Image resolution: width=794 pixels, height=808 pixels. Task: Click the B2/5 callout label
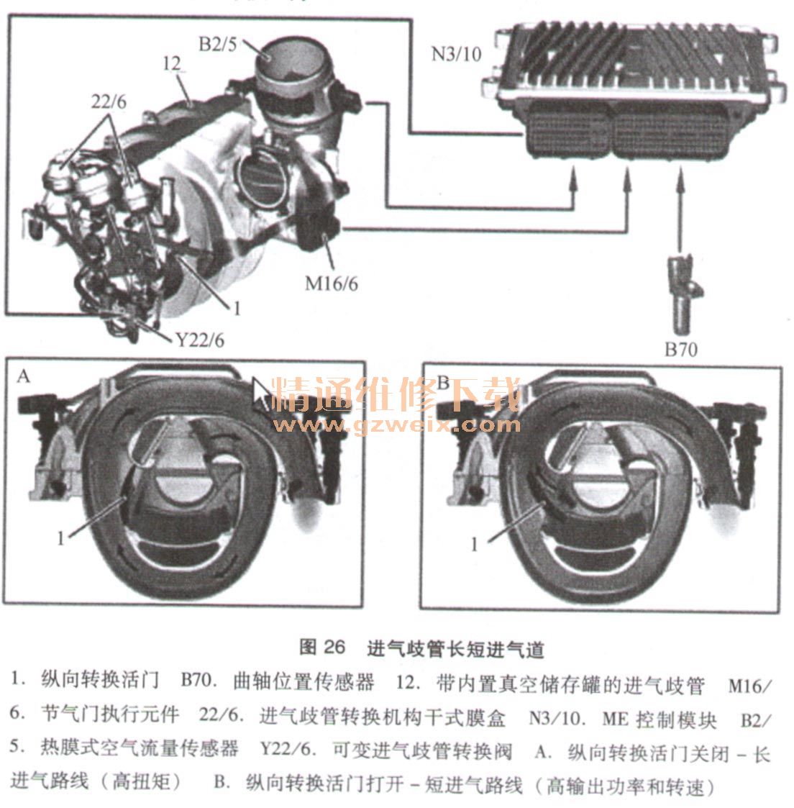[217, 45]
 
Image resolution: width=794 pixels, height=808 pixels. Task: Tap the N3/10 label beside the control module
[456, 53]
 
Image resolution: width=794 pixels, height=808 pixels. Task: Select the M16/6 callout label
[332, 283]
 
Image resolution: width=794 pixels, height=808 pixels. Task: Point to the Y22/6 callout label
[200, 340]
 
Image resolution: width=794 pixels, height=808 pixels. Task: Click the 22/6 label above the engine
[109, 101]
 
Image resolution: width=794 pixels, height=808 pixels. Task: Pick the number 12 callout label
[172, 63]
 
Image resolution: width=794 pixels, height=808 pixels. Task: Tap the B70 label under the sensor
[680, 350]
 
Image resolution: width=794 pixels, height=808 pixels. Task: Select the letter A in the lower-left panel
[23, 376]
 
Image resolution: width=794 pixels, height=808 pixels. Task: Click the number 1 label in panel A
[61, 538]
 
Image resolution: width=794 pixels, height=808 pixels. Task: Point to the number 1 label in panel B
[474, 544]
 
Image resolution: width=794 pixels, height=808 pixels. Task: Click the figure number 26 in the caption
[334, 648]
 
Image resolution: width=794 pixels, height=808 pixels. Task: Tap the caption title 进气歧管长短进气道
[455, 649]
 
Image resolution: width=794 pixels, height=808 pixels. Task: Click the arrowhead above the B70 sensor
[680, 178]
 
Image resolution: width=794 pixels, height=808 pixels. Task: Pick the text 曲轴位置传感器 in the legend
[304, 681]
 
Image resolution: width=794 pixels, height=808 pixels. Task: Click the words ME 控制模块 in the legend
[660, 718]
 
